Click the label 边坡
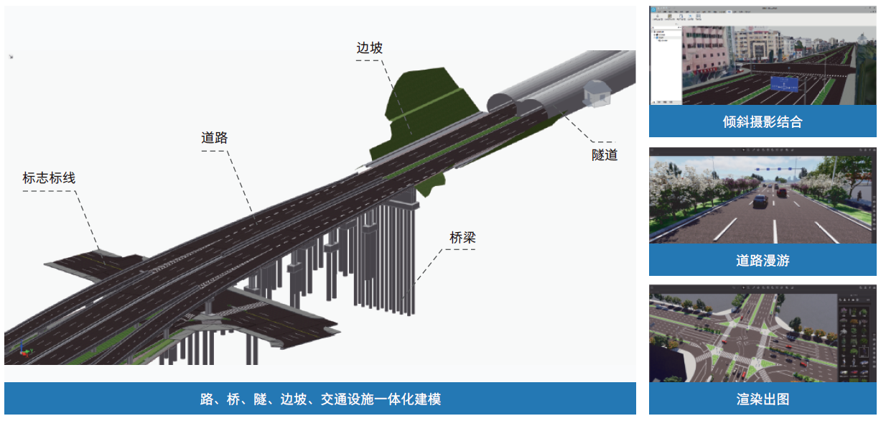pos(370,48)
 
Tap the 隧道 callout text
pos(605,154)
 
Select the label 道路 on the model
pos(215,138)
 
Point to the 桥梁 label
pos(463,238)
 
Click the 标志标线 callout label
pos(49,178)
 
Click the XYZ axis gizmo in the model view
pos(23,348)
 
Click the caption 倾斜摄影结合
pos(762,122)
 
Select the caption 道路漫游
pos(762,261)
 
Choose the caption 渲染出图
pos(762,399)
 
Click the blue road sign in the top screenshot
pos(784,84)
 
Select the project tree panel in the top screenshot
pos(664,65)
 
